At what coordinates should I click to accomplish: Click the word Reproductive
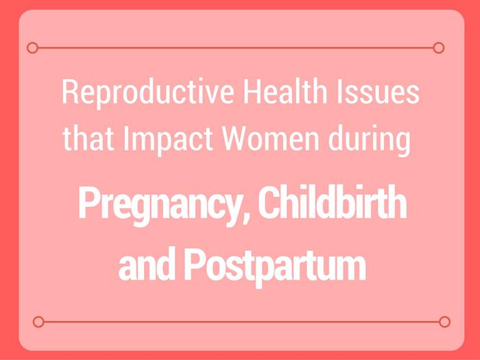(148, 93)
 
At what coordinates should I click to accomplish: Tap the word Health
(285, 91)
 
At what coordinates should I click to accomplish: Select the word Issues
(378, 91)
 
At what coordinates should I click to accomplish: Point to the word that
(88, 139)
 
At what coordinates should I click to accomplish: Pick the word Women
(271, 139)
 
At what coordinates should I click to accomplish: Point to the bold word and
(147, 263)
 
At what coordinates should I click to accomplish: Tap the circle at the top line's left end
(32, 48)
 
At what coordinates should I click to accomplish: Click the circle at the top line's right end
(439, 48)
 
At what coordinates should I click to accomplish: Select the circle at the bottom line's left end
(38, 322)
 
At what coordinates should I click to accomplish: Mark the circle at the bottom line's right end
(444, 322)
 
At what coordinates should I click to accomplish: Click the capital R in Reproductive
(70, 91)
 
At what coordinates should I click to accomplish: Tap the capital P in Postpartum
(193, 264)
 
